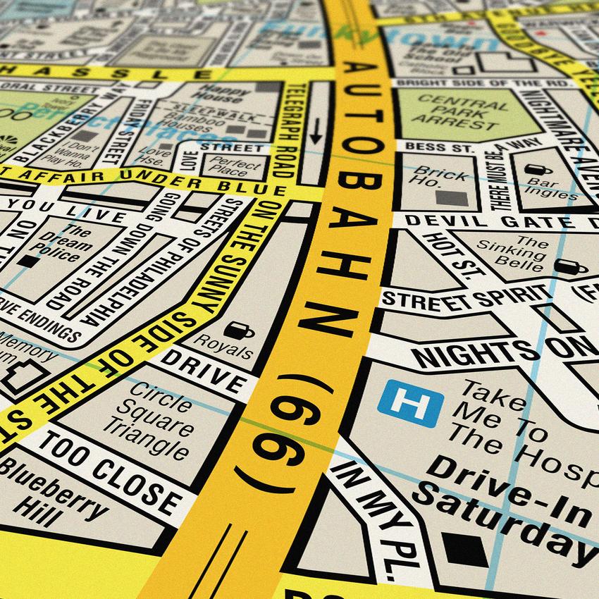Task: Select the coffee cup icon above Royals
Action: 238,329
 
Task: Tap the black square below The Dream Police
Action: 28,261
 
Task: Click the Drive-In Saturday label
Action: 507,497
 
